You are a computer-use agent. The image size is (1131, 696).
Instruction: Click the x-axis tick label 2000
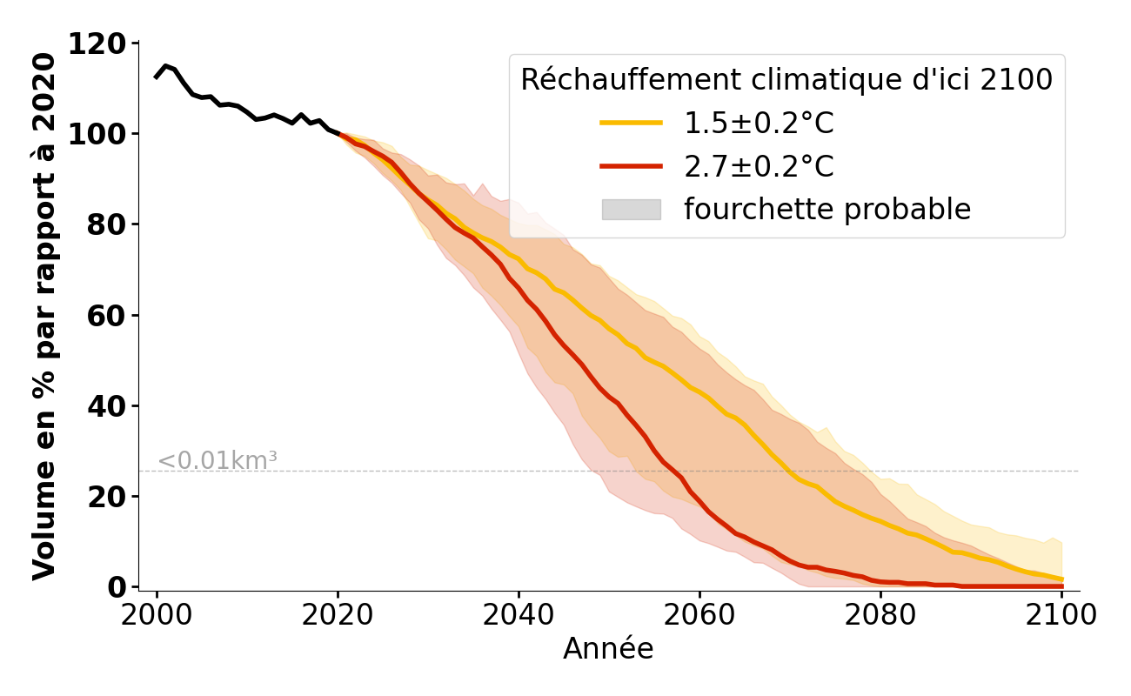tap(157, 614)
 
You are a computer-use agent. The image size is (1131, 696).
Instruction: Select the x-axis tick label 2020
tap(338, 614)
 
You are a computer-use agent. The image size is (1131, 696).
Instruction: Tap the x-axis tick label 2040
tap(519, 614)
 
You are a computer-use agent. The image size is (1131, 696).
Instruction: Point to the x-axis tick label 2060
tap(699, 614)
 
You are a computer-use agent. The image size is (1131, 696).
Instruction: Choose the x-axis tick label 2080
tap(880, 614)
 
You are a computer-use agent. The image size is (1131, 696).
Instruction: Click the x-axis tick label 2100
tap(1061, 614)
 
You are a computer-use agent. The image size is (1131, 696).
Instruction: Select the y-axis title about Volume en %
tap(45, 317)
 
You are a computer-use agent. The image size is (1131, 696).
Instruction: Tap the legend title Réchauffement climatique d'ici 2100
tap(786, 80)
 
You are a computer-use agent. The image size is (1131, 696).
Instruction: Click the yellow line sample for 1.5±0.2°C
tap(632, 124)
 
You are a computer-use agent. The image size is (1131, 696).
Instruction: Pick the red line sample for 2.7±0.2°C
tap(632, 166)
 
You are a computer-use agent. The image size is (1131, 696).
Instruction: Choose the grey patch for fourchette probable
tap(632, 210)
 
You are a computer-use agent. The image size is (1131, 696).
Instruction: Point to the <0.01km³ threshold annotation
tap(217, 461)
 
